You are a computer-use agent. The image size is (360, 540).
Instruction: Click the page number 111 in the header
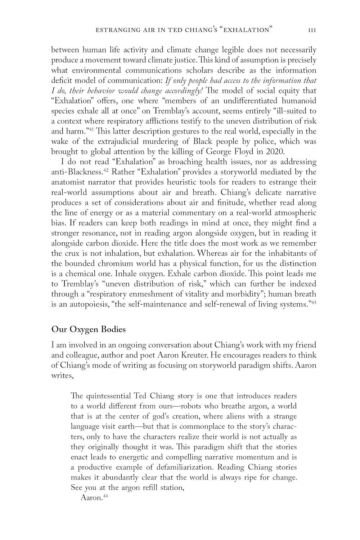point(312,30)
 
